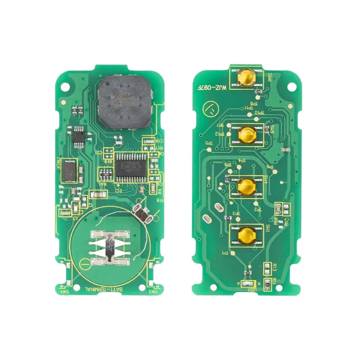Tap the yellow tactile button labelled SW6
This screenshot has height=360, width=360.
click(246, 78)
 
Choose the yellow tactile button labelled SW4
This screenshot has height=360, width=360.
click(247, 186)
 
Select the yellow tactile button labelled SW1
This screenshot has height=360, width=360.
click(247, 235)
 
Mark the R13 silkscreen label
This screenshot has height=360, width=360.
click(274, 267)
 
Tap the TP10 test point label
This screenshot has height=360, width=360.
click(259, 113)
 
